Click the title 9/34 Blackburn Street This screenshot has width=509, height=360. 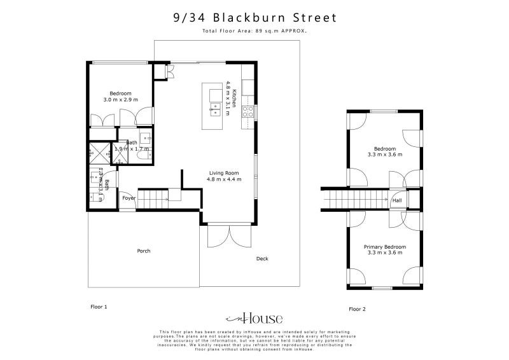coord(254,18)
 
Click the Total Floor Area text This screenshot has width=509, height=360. coord(254,31)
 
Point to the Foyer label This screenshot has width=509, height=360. coord(129,198)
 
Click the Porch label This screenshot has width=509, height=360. coord(144,251)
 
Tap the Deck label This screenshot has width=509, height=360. coord(262,259)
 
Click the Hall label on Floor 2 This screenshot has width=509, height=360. coord(397,200)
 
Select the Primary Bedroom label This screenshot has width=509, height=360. coord(385,247)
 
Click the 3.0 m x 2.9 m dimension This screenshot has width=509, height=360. coord(120,100)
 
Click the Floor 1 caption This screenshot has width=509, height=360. coord(99,307)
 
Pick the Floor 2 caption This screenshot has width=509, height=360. coord(358,309)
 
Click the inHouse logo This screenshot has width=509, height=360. coord(254,319)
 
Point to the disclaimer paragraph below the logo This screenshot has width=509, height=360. coord(254,340)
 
